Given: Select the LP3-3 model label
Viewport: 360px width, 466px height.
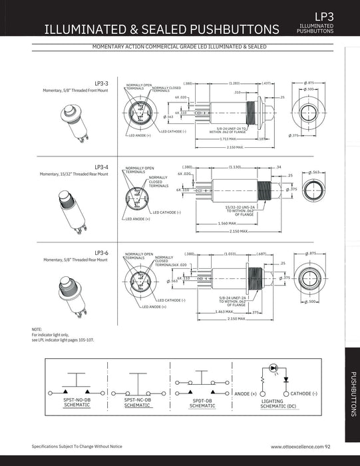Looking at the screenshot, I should [101, 83].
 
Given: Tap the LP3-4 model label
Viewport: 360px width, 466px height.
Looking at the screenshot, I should [101, 167].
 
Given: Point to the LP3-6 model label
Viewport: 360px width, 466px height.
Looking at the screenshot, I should [101, 252].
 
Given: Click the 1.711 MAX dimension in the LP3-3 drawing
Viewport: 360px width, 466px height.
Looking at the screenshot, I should [227, 139].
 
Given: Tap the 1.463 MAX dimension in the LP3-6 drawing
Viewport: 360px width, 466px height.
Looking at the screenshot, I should [224, 311].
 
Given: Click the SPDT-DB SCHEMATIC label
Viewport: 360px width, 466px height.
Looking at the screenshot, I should [202, 403].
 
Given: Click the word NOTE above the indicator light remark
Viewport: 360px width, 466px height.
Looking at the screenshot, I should [37, 330].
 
